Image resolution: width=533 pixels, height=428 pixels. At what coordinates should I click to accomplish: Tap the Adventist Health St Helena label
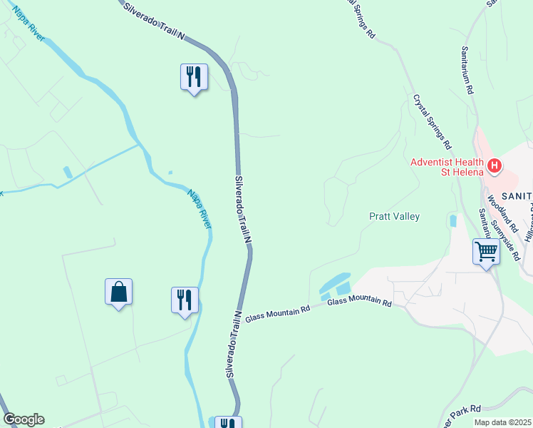(x=446, y=167)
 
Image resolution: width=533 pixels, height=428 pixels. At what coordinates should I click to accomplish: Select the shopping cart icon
(x=486, y=252)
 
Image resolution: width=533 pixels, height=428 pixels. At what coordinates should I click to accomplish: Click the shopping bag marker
(x=118, y=292)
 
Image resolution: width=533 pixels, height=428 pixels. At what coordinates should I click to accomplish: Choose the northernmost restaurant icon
(x=193, y=76)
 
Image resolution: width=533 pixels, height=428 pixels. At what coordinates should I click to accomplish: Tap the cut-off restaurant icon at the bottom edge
(x=228, y=422)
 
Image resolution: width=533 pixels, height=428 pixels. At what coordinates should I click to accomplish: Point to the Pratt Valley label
(x=394, y=216)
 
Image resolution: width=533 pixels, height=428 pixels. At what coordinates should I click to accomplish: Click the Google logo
(x=24, y=419)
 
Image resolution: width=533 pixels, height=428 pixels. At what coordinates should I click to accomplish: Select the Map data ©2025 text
(x=502, y=422)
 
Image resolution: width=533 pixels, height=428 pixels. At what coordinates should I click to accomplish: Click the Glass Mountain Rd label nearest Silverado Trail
(x=278, y=314)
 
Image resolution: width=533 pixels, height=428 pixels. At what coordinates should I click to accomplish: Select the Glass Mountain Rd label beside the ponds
(x=360, y=303)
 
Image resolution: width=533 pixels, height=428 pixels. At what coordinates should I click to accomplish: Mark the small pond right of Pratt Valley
(x=452, y=220)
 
